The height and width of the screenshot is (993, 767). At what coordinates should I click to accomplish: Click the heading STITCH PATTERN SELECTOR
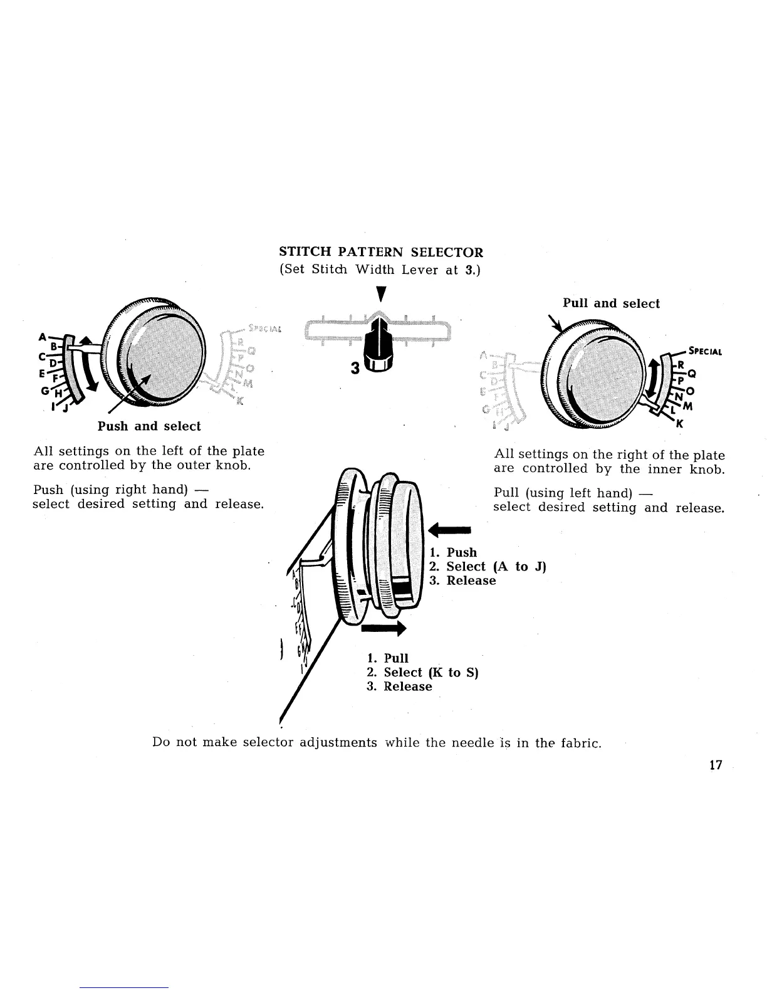tap(381, 253)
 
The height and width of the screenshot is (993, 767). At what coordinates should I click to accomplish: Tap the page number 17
tap(716, 765)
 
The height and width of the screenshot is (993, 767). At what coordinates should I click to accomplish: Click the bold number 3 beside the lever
tap(355, 369)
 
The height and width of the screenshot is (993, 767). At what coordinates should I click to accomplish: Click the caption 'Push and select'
tap(149, 426)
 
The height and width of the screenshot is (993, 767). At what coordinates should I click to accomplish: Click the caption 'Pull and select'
tap(611, 303)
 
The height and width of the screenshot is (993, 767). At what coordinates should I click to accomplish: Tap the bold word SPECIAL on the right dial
tap(706, 351)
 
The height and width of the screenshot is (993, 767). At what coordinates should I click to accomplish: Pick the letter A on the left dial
tap(42, 336)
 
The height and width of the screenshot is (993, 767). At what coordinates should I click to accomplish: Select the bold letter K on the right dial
tap(677, 423)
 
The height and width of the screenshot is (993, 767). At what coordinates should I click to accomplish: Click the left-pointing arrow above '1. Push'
tap(449, 530)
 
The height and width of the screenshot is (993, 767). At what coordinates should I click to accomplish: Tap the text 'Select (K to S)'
tap(431, 673)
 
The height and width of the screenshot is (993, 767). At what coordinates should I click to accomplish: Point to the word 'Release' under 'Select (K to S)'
tap(408, 686)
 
